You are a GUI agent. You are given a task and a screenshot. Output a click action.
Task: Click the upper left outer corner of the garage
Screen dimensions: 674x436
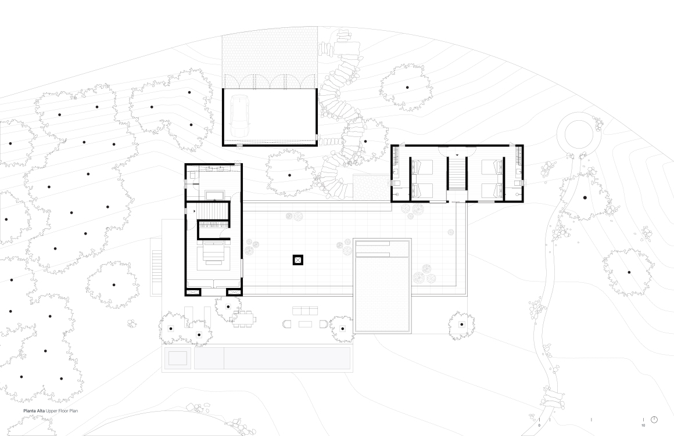tap(223, 88)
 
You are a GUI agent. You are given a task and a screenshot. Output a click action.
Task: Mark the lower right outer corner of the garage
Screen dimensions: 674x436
tap(317, 146)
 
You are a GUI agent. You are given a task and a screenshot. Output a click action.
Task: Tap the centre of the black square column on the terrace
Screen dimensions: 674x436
tap(298, 260)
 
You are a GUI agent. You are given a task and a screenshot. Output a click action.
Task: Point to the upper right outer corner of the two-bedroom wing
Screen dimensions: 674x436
tap(523, 145)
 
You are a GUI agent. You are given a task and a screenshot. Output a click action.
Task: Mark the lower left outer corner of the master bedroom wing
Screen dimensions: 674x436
tap(185, 296)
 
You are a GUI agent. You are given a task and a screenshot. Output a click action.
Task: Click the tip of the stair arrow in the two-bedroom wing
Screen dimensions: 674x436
tap(457, 155)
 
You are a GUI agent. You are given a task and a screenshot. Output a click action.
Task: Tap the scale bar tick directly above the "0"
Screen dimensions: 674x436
tap(539, 420)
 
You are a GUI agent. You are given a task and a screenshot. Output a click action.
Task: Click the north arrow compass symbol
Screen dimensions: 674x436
tap(654, 420)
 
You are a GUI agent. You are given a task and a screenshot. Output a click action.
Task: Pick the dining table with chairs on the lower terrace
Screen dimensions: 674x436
tap(243, 319)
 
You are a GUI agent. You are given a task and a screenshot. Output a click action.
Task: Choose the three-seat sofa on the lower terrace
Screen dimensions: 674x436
tap(305, 311)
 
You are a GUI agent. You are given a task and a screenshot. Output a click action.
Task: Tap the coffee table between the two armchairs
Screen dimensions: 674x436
tap(305, 324)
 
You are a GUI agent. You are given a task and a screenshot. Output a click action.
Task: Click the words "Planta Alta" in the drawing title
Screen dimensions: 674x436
tap(34, 411)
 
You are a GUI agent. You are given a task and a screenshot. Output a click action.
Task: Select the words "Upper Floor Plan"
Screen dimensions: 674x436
tap(62, 411)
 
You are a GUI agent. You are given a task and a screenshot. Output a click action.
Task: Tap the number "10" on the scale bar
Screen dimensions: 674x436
tap(643, 426)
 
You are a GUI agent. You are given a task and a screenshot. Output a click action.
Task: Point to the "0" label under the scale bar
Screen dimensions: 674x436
tap(539, 426)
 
